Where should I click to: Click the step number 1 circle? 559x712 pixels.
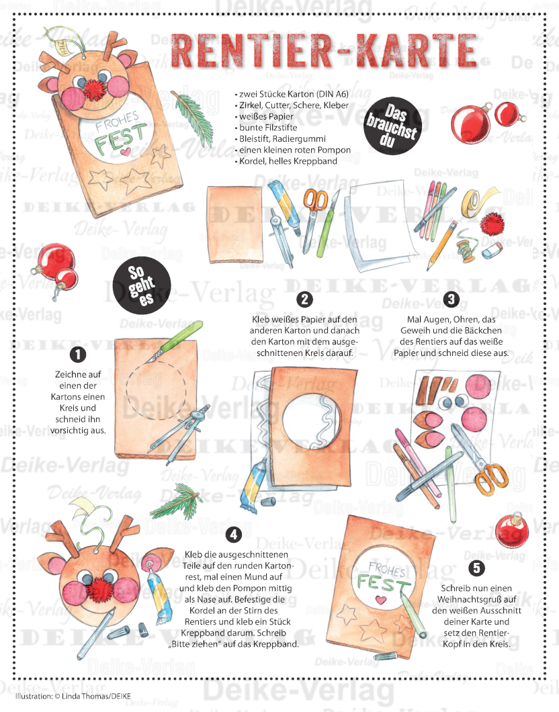78,354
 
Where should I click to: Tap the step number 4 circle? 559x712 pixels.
234,535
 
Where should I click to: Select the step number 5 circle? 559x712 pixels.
476,568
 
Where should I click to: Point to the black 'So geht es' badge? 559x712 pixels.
142,285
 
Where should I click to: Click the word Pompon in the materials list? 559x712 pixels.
334,150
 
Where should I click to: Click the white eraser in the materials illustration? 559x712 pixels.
492,250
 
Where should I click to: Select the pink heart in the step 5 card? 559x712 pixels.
380,600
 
